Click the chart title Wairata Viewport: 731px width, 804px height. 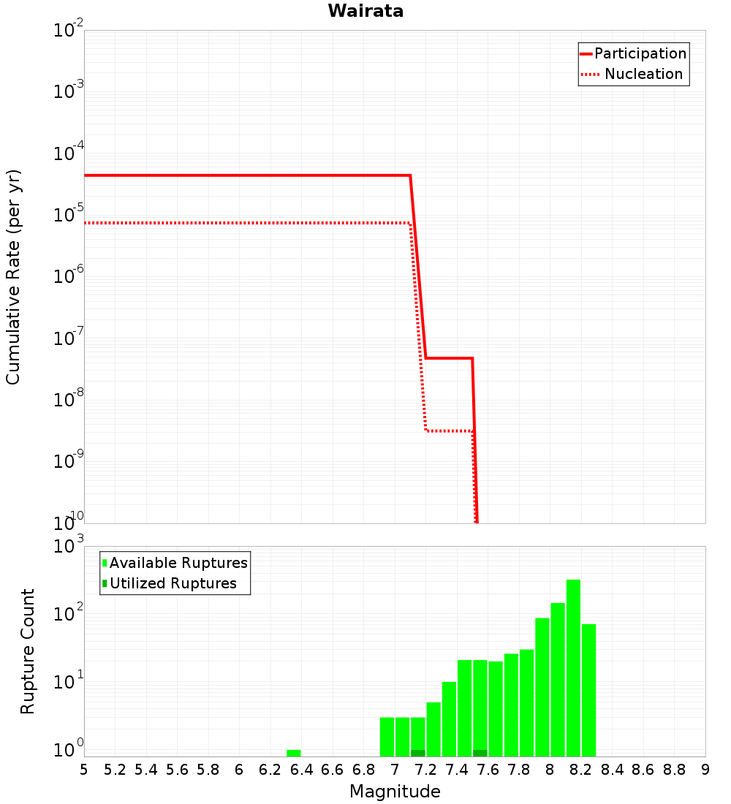[365, 11]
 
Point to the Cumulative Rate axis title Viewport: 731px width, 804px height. [13, 276]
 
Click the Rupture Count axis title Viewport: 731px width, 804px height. [28, 651]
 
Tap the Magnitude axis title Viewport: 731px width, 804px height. [395, 792]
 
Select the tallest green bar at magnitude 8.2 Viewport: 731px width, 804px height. [573, 667]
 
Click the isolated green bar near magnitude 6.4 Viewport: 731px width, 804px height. [293, 753]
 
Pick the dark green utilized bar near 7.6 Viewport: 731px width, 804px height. [480, 753]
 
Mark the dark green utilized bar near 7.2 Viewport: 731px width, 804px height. [418, 753]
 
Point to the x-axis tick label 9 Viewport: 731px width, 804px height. [705, 770]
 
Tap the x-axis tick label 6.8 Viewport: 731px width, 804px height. [363, 770]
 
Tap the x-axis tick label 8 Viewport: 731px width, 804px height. [550, 770]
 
